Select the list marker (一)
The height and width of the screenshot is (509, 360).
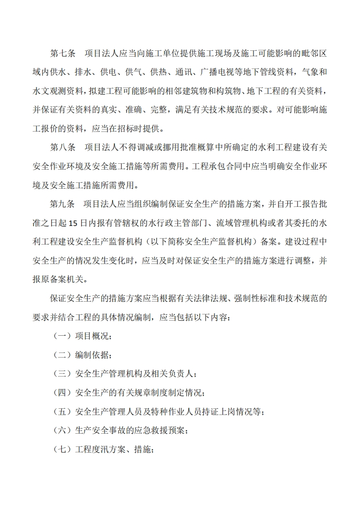61,336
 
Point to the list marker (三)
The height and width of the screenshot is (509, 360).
61,374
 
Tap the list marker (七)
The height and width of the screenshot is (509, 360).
61,450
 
